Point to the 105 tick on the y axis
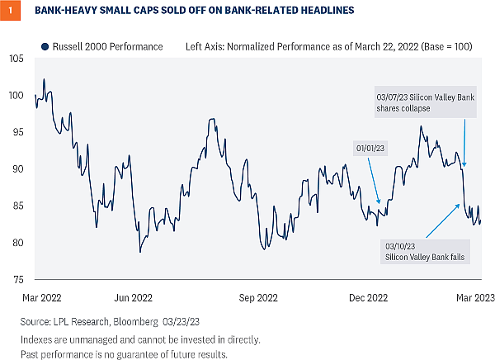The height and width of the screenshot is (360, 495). tap(16, 59)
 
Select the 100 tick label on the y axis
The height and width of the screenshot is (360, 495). tap(16, 96)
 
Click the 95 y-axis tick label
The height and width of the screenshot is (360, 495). tap(17, 132)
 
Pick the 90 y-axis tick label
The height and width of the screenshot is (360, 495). tap(17, 169)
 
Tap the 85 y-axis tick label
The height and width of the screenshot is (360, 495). tap(17, 206)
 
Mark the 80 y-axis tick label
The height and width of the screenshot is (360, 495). tap(17, 243)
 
